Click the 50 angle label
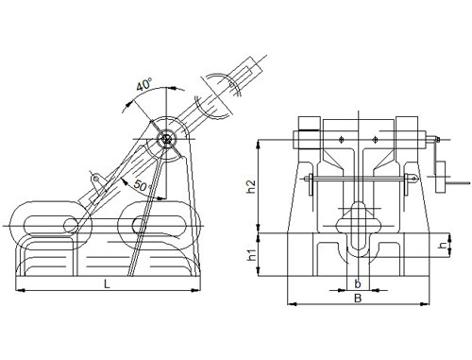coord(139,184)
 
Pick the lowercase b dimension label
coord(356,282)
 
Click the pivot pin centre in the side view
coord(166,140)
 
